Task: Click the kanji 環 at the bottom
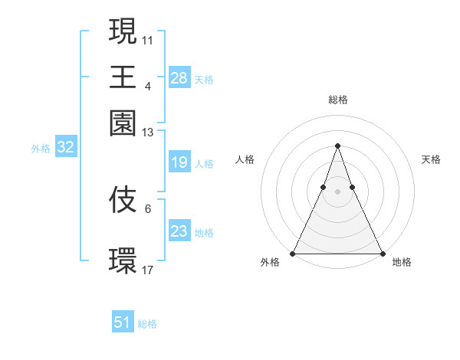[123, 260]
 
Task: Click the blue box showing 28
[179, 77]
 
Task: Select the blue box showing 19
[179, 162]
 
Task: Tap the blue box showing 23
[179, 231]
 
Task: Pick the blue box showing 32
[65, 148]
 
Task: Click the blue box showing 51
[123, 322]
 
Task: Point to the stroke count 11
[149, 39]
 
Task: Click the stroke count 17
[149, 270]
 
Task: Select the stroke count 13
[149, 133]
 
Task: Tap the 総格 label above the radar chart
[338, 100]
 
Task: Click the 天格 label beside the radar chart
[432, 159]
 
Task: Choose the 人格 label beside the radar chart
[245, 159]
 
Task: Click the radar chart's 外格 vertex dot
[293, 253]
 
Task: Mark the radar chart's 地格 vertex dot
[383, 253]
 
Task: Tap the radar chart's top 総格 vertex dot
[337, 146]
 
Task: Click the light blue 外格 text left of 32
[41, 149]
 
